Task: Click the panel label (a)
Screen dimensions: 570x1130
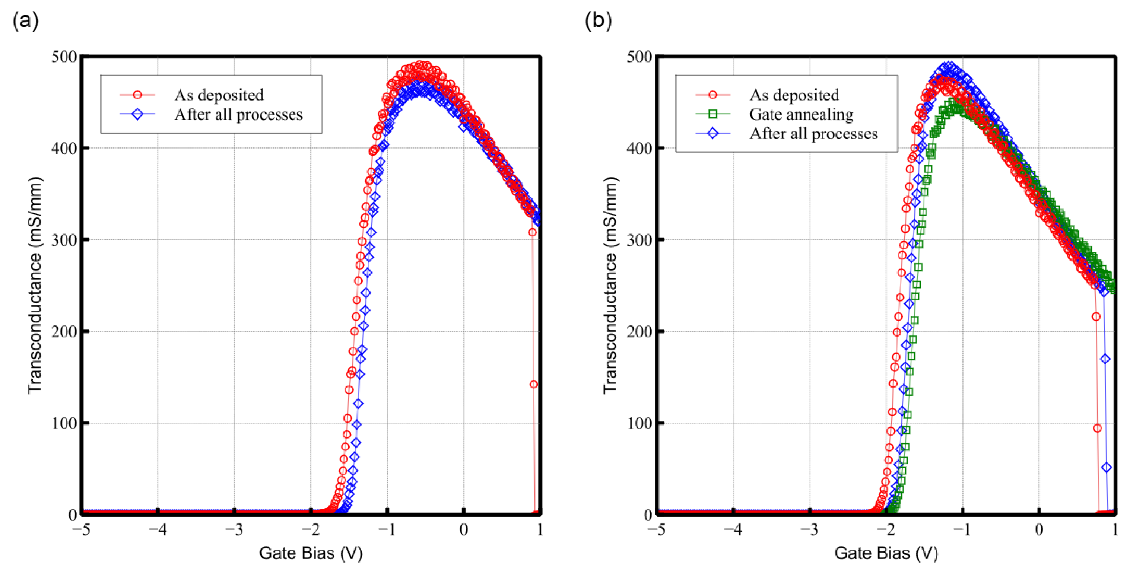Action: [25, 20]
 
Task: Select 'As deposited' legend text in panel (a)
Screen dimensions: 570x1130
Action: [219, 95]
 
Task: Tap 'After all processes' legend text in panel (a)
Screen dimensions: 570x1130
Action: [238, 114]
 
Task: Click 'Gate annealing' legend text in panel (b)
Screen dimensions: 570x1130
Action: [801, 114]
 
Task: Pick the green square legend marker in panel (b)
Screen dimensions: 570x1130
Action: [712, 114]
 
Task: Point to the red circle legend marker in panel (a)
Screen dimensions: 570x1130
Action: [137, 95]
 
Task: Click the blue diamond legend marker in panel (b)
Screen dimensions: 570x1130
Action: [712, 133]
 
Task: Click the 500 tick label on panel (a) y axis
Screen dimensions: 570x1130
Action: [64, 57]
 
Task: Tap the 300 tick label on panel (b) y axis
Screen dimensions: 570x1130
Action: [639, 240]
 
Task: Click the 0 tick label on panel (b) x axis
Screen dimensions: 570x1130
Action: [1039, 530]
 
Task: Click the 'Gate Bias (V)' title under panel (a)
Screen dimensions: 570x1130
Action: [311, 553]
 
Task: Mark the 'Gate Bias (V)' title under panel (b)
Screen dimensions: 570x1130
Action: [886, 553]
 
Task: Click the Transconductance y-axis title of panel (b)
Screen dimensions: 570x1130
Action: [610, 285]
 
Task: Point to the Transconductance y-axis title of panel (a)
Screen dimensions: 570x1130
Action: [35, 285]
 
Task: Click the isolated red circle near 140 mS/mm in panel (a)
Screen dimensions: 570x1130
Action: [533, 385]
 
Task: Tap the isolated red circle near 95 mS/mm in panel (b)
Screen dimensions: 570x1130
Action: [1097, 428]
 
